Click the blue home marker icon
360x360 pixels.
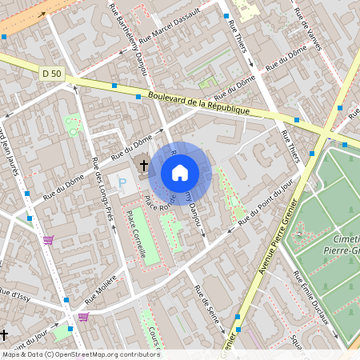point(180,172)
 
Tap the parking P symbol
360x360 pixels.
point(122,184)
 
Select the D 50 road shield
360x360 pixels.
point(51,74)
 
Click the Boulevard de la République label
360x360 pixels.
point(199,102)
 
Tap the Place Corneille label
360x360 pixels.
point(135,234)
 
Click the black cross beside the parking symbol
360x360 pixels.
point(144,166)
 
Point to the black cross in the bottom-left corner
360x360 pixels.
point(4,334)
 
